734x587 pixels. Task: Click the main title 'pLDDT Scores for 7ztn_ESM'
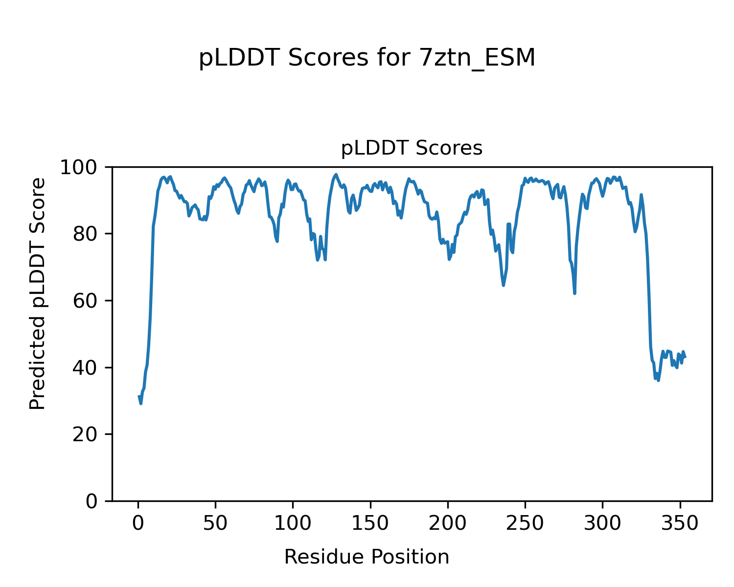(367, 59)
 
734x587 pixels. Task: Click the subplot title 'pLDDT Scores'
(412, 148)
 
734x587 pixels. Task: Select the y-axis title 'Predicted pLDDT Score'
(38, 293)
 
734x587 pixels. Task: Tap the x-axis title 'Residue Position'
(367, 557)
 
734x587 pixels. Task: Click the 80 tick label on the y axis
(85, 234)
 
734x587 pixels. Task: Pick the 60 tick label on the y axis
(85, 301)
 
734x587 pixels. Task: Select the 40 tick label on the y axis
(85, 367)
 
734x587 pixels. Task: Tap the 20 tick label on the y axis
(85, 434)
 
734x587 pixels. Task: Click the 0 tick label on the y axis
(92, 501)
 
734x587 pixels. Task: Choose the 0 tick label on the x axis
(138, 523)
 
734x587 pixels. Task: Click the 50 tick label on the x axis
(215, 523)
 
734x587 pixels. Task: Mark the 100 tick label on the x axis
(293, 523)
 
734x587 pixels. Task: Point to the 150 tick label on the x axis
(370, 523)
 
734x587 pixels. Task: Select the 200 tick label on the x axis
(447, 523)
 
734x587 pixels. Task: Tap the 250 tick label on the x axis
(525, 523)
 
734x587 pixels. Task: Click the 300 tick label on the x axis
(602, 523)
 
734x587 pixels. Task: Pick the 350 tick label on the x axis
(679, 523)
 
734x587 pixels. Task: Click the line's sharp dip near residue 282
(574, 293)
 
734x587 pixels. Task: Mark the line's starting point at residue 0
(139, 396)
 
